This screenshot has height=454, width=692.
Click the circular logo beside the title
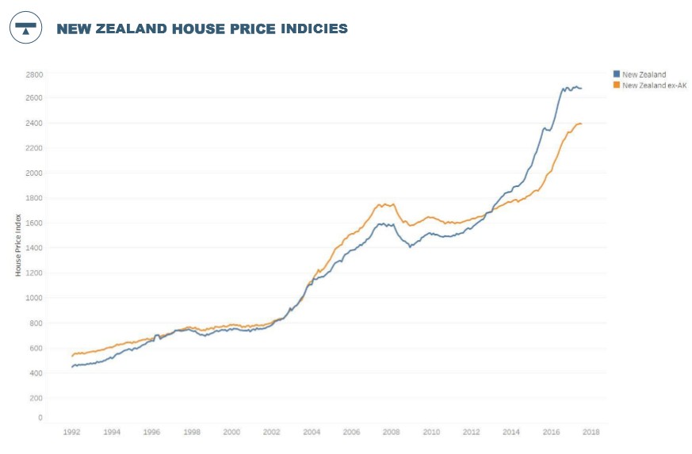coord(25,28)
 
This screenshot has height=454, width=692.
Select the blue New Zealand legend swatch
coord(617,74)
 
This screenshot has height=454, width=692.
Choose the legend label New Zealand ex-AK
coord(654,85)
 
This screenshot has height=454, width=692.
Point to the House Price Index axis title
coord(18,245)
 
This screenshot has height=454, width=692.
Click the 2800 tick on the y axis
coord(34,74)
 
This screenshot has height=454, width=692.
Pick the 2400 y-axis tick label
coord(34,124)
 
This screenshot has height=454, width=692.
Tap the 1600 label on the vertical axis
coord(34,223)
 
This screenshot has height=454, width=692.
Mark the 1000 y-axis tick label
coord(34,298)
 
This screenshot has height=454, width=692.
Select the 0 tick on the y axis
coord(40,418)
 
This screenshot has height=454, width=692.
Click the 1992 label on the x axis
coord(72,433)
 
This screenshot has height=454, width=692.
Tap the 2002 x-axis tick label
coord(271,433)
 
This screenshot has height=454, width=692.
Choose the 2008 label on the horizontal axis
coord(391,433)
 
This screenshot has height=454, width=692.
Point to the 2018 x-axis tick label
coord(591,433)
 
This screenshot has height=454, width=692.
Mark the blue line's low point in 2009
coord(410,246)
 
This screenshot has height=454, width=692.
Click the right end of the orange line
coord(581,124)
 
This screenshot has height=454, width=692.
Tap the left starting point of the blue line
coord(71,367)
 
